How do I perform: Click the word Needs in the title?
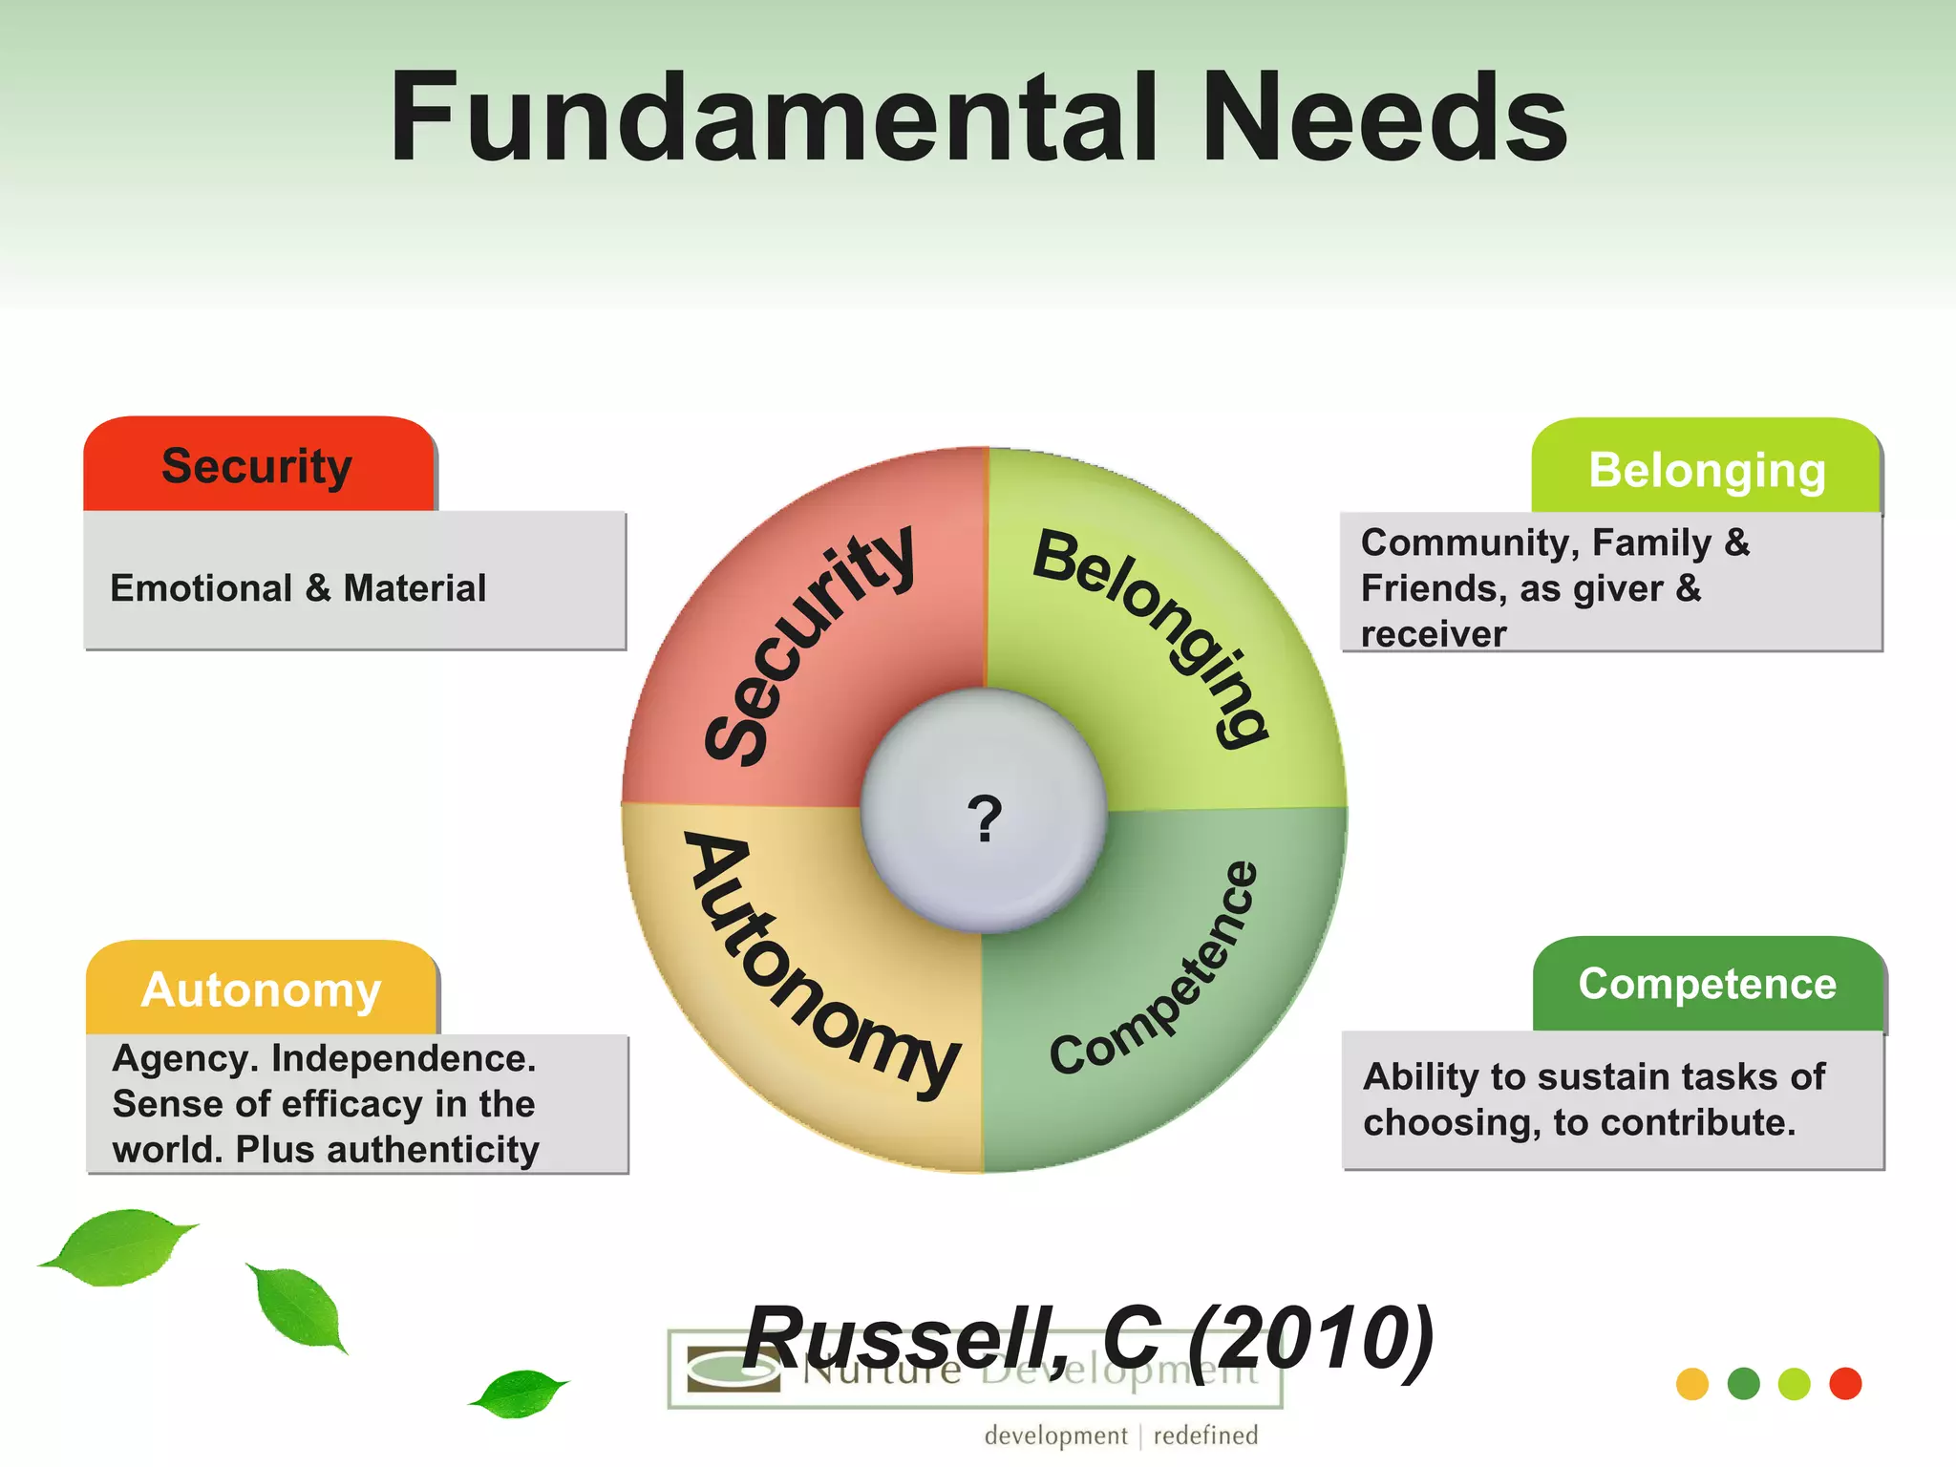[x=1385, y=119]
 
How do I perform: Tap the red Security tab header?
[x=258, y=466]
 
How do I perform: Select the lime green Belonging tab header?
[x=1707, y=469]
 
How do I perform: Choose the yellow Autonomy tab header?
[x=261, y=989]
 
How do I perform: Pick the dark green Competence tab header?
[x=1707, y=984]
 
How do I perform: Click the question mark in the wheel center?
[x=985, y=818]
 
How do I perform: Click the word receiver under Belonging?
[x=1433, y=634]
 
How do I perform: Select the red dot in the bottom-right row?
[x=1845, y=1384]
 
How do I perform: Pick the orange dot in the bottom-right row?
[x=1692, y=1384]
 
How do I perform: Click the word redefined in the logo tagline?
[x=1205, y=1435]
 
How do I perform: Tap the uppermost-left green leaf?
[x=119, y=1246]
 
